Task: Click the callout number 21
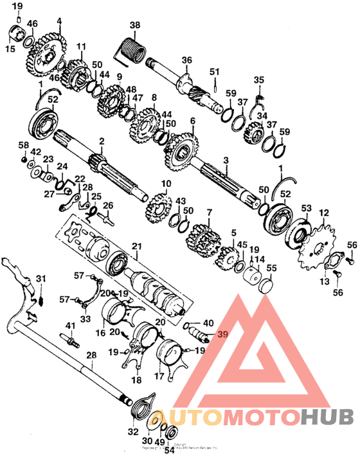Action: [136, 246]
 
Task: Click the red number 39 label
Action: [222, 335]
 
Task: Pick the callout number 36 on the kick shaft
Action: [186, 60]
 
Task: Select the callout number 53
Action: [306, 208]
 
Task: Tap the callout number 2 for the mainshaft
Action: [101, 140]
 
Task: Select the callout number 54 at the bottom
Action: [170, 450]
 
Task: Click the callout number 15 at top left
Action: [10, 49]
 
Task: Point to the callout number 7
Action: [208, 212]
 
